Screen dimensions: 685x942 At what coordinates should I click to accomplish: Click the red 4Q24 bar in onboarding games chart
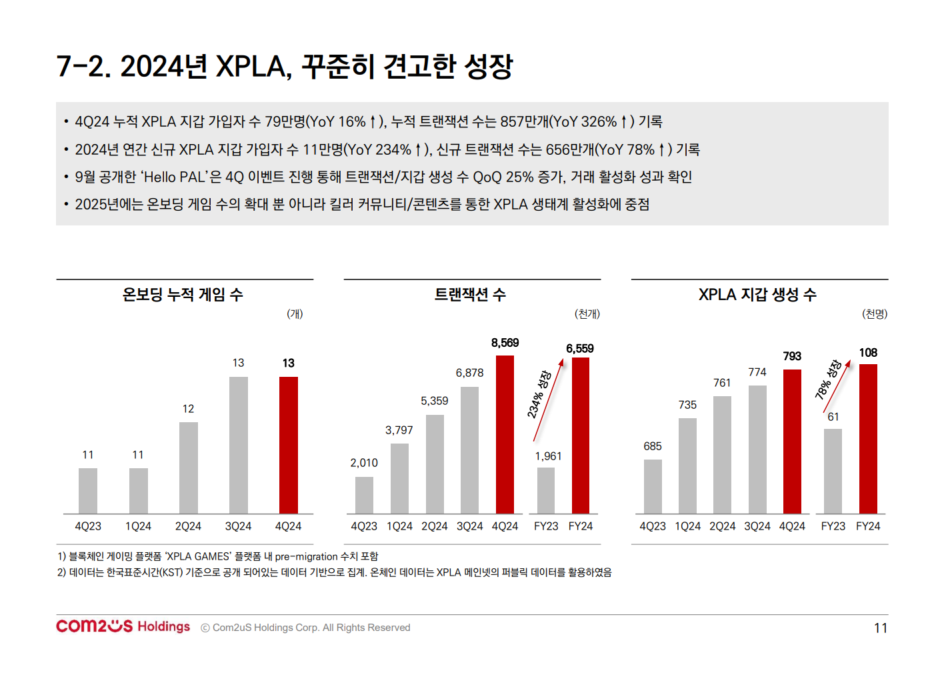pos(288,445)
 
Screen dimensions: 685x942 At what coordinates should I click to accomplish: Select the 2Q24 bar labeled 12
pos(188,468)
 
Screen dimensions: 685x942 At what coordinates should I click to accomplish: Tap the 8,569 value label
pos(505,343)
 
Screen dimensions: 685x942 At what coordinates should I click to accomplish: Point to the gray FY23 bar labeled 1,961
pos(545,490)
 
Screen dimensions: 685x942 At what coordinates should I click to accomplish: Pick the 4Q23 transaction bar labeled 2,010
pos(364,495)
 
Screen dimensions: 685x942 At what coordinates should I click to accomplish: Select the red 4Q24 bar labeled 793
pos(792,441)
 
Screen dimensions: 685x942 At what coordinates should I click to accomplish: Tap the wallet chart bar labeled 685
pos(653,486)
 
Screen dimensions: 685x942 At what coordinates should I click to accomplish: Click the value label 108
pos(868,353)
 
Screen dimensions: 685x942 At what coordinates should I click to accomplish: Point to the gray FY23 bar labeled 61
pos(833,471)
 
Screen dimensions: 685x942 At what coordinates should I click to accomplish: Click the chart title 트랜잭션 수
pos(470,295)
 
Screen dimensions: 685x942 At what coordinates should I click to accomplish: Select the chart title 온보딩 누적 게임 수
pos(183,295)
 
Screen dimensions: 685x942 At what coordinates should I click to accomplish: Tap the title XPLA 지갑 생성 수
pos(757,295)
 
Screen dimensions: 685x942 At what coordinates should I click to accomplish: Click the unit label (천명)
pos(875,314)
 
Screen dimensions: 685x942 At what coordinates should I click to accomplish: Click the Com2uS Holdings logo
pos(123,626)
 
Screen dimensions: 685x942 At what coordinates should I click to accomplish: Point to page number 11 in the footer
pos(880,628)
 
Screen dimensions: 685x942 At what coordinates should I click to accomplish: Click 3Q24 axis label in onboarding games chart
pos(238,526)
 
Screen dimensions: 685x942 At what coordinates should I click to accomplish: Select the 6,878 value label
pos(469,373)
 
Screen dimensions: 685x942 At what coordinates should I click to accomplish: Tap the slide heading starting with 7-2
pos(285,66)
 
